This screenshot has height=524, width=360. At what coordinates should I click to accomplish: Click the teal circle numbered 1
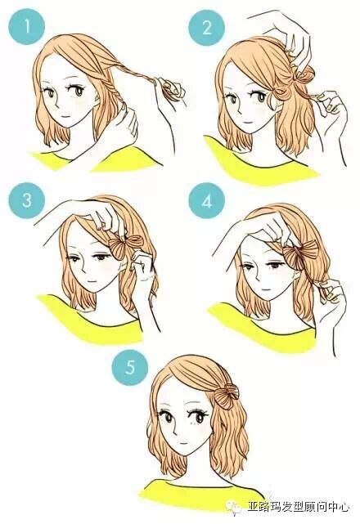point(26,27)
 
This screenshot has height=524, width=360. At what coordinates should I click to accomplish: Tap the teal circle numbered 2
point(206,27)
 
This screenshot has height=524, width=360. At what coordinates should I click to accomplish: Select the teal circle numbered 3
point(26,200)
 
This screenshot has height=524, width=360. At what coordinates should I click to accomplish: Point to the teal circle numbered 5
point(129,366)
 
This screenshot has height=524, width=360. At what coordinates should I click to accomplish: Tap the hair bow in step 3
point(125,246)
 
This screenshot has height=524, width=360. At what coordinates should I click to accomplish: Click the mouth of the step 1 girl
point(65,117)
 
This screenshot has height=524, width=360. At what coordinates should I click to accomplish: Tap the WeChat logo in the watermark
point(233,507)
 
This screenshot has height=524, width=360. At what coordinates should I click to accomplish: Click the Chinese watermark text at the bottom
point(298,508)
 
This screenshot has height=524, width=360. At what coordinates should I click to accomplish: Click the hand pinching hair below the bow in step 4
point(330,294)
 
